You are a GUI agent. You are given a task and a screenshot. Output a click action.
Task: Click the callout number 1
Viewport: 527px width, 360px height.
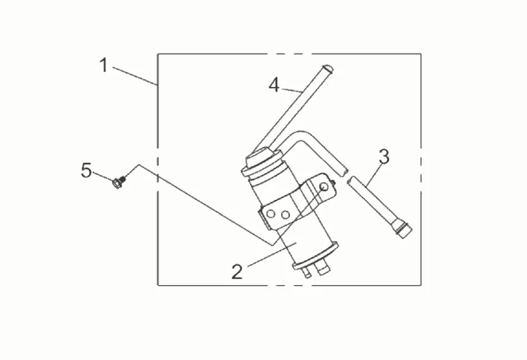[104, 65]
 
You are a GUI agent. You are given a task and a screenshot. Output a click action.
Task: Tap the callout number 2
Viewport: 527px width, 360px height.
[237, 272]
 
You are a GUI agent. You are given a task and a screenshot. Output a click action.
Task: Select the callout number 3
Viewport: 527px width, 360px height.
[384, 158]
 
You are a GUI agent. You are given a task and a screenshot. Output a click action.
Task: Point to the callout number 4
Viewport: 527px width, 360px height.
[274, 85]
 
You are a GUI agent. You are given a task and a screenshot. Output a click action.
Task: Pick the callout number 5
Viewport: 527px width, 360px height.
[86, 171]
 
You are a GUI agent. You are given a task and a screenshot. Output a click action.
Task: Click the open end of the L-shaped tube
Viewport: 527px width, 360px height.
[341, 170]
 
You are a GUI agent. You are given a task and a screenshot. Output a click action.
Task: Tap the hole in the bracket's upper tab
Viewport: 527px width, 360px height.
[323, 186]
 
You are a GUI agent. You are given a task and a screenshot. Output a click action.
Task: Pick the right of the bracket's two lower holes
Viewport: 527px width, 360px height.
[285, 214]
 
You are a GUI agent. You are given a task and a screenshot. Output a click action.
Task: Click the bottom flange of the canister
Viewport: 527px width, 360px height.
[315, 256]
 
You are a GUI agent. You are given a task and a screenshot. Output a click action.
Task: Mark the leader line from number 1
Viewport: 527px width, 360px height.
[134, 76]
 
